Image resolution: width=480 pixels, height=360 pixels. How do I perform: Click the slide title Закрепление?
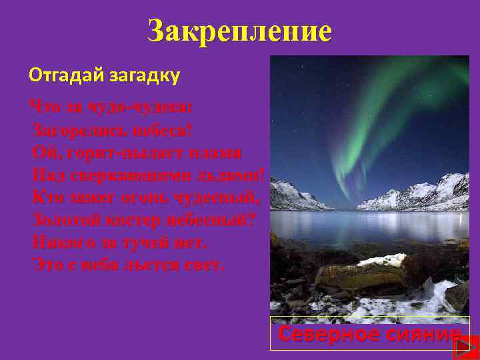239,31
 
